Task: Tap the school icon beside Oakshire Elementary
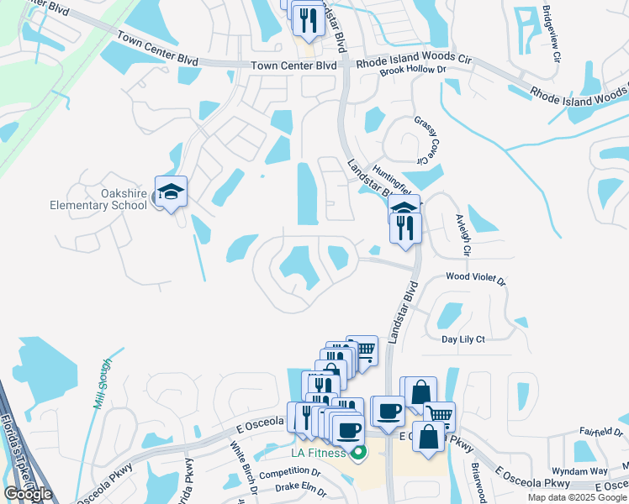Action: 171,192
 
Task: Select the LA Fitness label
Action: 319,454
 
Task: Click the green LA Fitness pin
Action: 358,454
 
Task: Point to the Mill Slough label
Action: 102,382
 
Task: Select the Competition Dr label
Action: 291,474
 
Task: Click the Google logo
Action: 28,493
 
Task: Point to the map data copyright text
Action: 577,497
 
